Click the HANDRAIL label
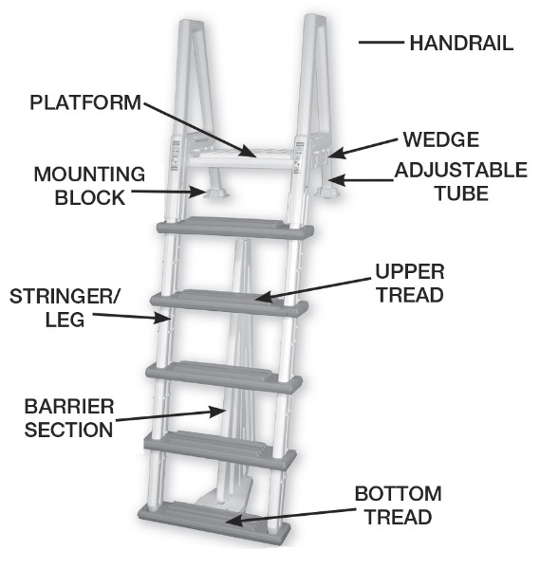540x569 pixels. click(461, 44)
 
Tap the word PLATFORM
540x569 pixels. click(85, 102)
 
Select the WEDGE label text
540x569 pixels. click(441, 139)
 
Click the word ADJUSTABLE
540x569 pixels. click(461, 170)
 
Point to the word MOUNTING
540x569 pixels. click(89, 174)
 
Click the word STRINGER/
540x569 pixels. click(64, 296)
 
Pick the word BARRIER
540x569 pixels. click(69, 407)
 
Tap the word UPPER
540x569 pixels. click(410, 271)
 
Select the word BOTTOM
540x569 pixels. click(398, 493)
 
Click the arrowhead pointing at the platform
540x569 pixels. click(249, 152)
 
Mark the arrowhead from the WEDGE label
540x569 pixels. click(336, 153)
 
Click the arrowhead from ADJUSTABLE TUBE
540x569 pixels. click(336, 180)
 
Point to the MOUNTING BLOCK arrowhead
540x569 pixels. click(199, 192)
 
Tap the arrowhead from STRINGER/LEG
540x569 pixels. click(162, 318)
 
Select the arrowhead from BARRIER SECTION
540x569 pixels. click(218, 412)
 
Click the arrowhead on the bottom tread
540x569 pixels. click(234, 522)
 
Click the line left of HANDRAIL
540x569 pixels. click(382, 43)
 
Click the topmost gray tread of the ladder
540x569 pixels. click(235, 228)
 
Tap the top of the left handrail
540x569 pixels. click(192, 25)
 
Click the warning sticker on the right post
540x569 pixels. click(299, 157)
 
